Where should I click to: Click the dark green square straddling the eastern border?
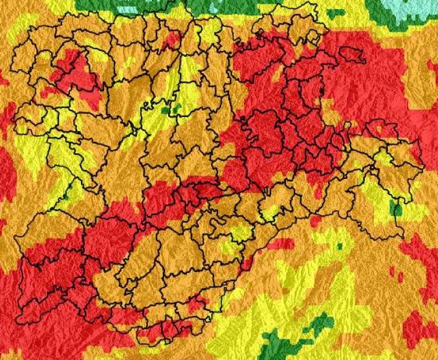tap(397, 209)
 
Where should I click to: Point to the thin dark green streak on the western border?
tap(66, 192)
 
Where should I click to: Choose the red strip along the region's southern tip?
tap(162, 330)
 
